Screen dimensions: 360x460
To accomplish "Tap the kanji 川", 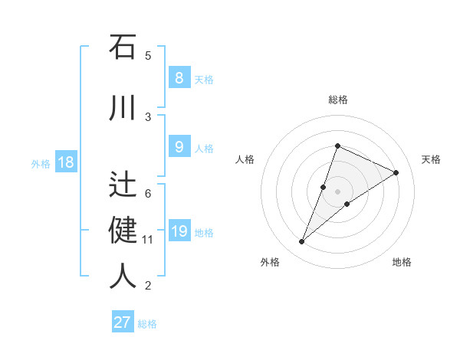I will (123, 107).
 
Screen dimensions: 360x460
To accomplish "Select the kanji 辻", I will (123, 185).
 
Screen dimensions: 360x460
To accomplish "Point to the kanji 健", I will (123, 230).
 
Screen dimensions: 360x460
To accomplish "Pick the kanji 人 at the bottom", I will (123, 275).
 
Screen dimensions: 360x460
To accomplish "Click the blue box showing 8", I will (179, 77).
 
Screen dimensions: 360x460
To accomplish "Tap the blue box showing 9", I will (179, 147).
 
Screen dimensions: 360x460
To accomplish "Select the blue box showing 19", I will (179, 231).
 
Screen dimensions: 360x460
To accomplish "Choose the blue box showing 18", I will (65, 162).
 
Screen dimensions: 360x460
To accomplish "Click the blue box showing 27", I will (123, 322).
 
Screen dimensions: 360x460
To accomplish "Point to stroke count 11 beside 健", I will (147, 240).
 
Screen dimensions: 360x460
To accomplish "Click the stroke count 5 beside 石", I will (148, 56).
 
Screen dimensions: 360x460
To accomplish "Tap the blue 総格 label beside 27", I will (148, 324).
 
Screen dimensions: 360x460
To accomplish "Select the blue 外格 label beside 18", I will (41, 163).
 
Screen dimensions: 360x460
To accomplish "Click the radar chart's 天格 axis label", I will (432, 159).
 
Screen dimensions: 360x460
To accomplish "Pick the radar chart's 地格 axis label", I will (402, 262).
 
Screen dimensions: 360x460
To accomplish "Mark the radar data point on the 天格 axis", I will (396, 172).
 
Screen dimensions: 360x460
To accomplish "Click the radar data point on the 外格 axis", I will (302, 242).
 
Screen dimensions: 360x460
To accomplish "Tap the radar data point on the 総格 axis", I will (337, 146).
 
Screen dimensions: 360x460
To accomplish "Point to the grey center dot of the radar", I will (337, 191).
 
